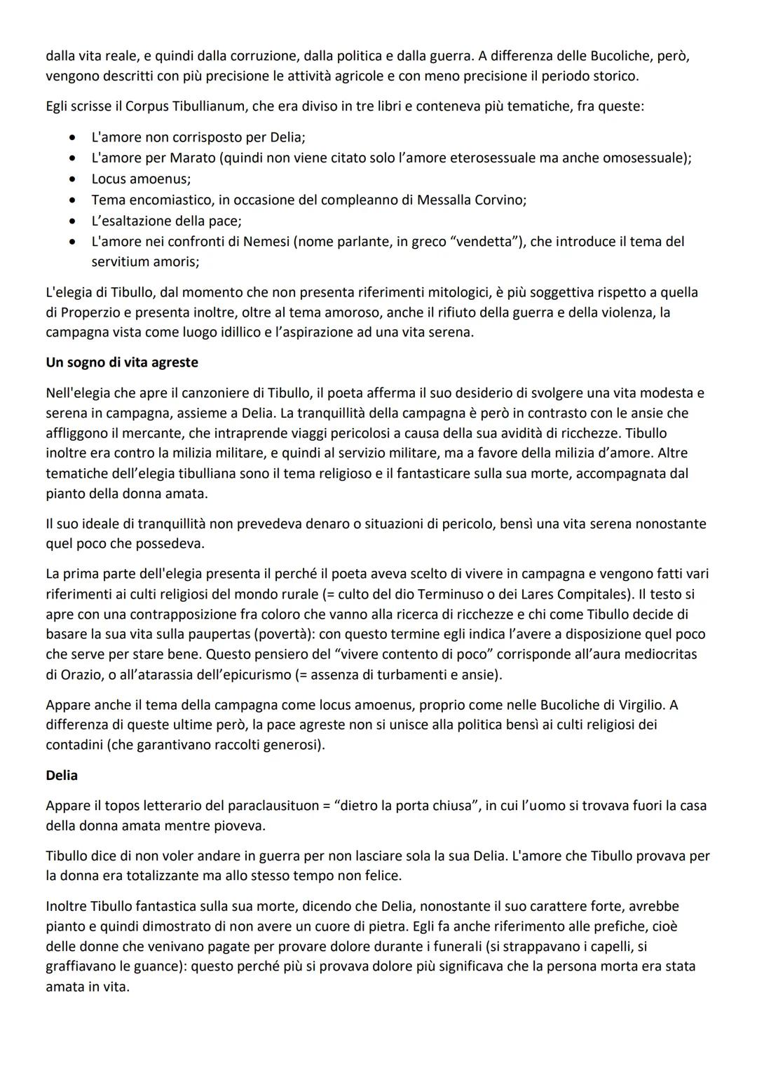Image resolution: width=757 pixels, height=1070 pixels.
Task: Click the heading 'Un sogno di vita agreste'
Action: (121, 362)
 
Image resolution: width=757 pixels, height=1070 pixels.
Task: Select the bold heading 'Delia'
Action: (62, 775)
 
